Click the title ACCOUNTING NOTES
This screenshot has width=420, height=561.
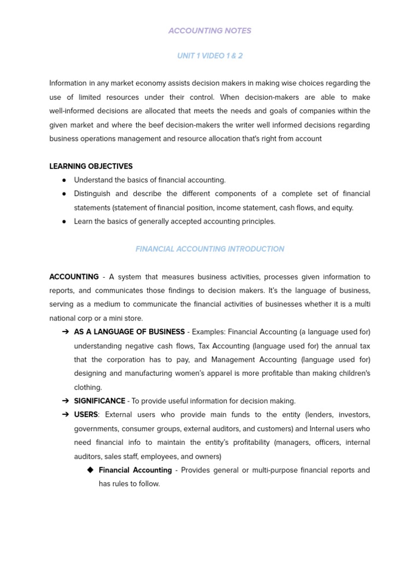(x=210, y=31)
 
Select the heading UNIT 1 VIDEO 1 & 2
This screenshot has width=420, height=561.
(x=210, y=56)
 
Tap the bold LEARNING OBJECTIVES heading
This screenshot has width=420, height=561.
(x=91, y=166)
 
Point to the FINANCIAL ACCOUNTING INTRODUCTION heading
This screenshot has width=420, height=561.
(x=210, y=249)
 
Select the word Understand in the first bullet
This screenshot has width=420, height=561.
(x=93, y=180)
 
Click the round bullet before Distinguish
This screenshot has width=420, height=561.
(x=65, y=194)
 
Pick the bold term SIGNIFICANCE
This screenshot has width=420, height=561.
(x=100, y=401)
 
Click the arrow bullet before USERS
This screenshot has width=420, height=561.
(x=65, y=415)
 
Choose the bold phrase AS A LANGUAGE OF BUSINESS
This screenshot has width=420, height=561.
(x=129, y=331)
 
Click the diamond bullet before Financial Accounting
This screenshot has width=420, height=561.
(x=90, y=470)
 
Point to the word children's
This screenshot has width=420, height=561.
(x=349, y=373)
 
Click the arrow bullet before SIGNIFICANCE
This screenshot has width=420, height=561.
(x=65, y=401)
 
